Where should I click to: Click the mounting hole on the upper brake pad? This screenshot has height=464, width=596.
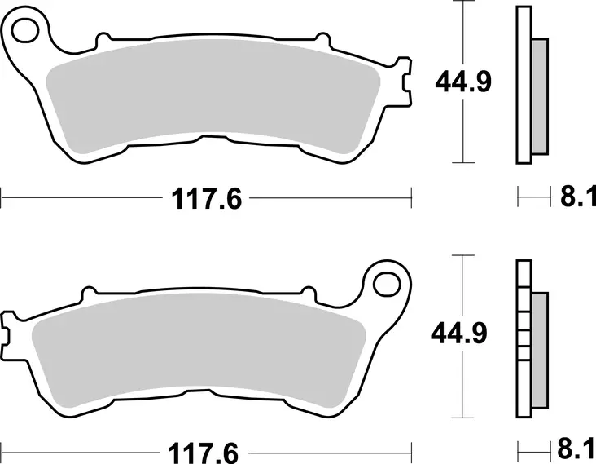click(x=27, y=32)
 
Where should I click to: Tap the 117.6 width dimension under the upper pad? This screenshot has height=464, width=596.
click(x=206, y=197)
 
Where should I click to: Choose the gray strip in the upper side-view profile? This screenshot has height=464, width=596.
click(x=540, y=96)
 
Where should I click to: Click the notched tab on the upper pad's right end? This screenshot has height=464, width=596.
click(x=405, y=82)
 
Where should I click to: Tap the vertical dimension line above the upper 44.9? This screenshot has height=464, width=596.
click(x=462, y=33)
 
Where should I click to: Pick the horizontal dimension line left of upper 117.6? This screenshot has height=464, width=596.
click(x=81, y=197)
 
